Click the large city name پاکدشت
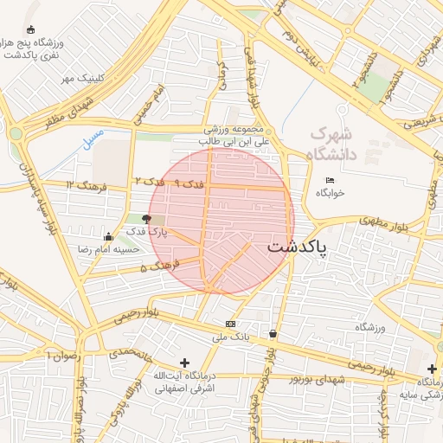pos(298,247)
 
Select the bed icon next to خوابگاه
pos(330,180)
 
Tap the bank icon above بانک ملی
pos(230,323)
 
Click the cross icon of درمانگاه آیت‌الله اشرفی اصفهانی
pos(183,363)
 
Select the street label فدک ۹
pos(189,183)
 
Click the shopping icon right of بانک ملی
pos(273,333)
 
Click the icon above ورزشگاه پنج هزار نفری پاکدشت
pos(33,30)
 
